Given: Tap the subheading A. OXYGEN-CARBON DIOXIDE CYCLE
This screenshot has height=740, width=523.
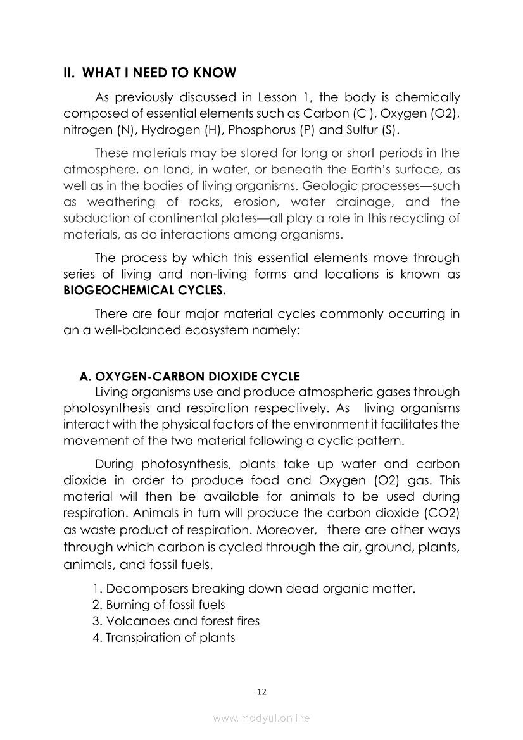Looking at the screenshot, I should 189,376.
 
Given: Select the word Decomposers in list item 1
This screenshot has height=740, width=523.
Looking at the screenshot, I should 143,589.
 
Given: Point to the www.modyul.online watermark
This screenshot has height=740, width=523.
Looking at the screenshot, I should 261,718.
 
